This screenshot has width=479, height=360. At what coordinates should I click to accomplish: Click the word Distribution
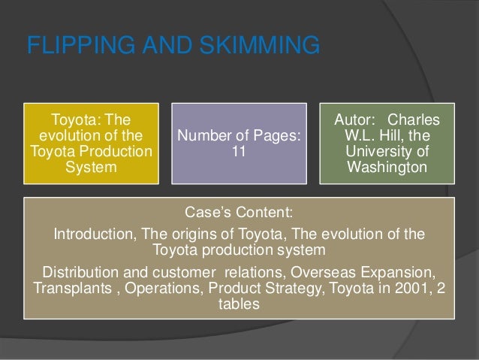pyautogui.click(x=83, y=271)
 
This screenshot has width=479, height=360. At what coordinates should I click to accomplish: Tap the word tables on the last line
pyautogui.click(x=239, y=306)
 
